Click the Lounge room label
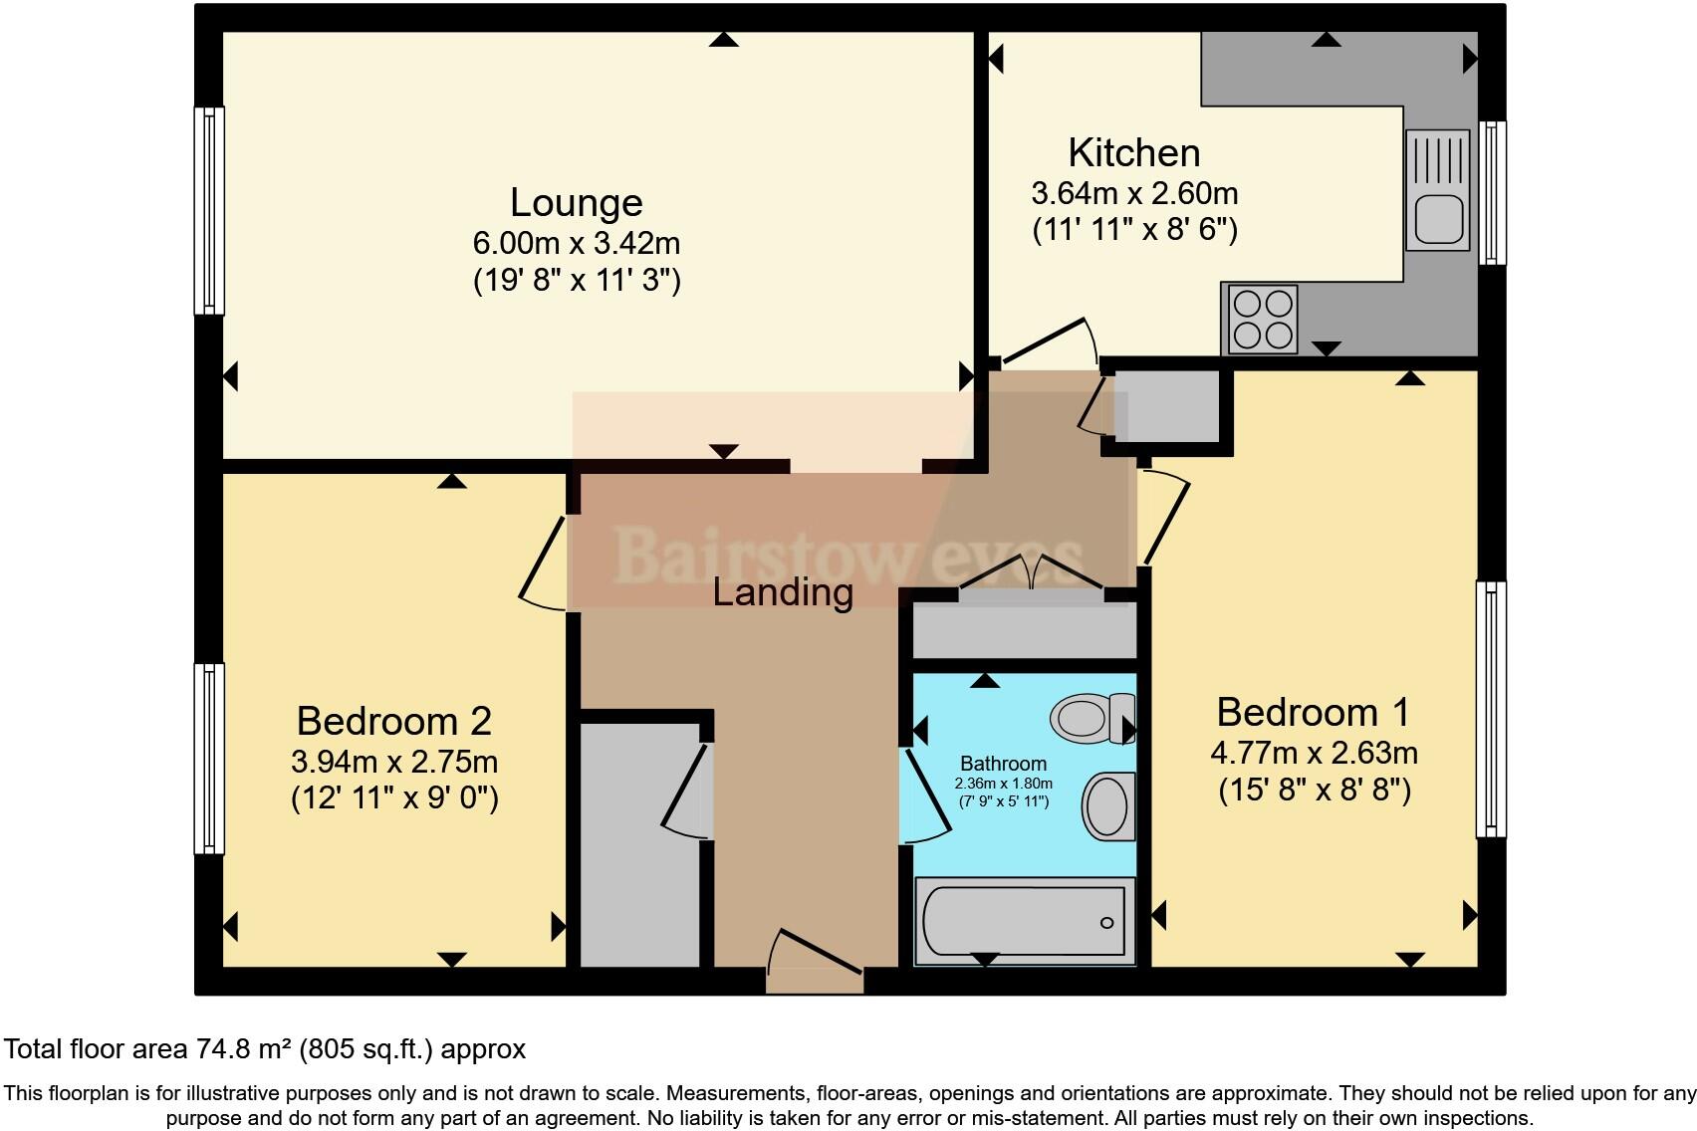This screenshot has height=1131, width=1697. (x=576, y=202)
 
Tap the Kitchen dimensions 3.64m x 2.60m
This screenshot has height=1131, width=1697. (x=1134, y=192)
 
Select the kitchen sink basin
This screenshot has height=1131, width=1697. (x=1437, y=219)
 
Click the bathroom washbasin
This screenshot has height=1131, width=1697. (x=1107, y=805)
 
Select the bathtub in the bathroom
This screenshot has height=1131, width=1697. (x=1024, y=921)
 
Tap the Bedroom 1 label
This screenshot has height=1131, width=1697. (x=1313, y=713)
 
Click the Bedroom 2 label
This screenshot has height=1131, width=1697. (x=393, y=721)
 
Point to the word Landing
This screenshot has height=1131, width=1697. (x=783, y=592)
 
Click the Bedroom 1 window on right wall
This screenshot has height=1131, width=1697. (x=1490, y=709)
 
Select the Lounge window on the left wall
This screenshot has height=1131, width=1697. (x=208, y=210)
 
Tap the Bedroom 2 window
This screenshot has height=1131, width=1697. (x=208, y=758)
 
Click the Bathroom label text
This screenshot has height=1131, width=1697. (x=1003, y=764)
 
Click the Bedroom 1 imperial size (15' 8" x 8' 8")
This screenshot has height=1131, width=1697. (x=1315, y=791)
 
